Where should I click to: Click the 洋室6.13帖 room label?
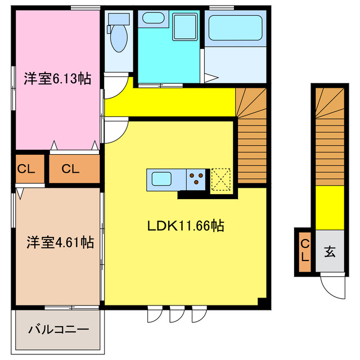click(x=56, y=79)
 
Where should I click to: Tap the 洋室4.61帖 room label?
click(x=60, y=242)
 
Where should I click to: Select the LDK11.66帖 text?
click(x=186, y=226)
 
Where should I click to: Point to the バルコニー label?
click(x=58, y=328)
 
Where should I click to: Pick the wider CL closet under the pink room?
click(x=73, y=169)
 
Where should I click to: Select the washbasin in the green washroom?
click(x=154, y=18)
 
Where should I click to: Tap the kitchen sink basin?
click(x=161, y=180)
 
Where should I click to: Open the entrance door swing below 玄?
click(x=332, y=287)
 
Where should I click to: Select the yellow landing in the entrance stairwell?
click(x=328, y=207)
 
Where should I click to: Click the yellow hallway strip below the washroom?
click(x=169, y=101)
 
